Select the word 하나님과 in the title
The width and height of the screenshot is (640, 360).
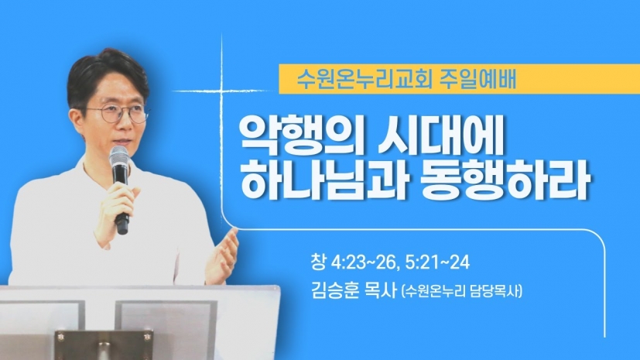click(x=323, y=179)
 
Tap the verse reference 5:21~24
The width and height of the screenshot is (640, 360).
click(x=437, y=263)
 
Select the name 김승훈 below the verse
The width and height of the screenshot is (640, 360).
click(x=334, y=291)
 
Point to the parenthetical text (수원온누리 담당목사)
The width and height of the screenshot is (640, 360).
click(x=462, y=292)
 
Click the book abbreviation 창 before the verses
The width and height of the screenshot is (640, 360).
click(x=318, y=263)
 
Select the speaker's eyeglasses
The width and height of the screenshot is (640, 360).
click(x=118, y=112)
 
